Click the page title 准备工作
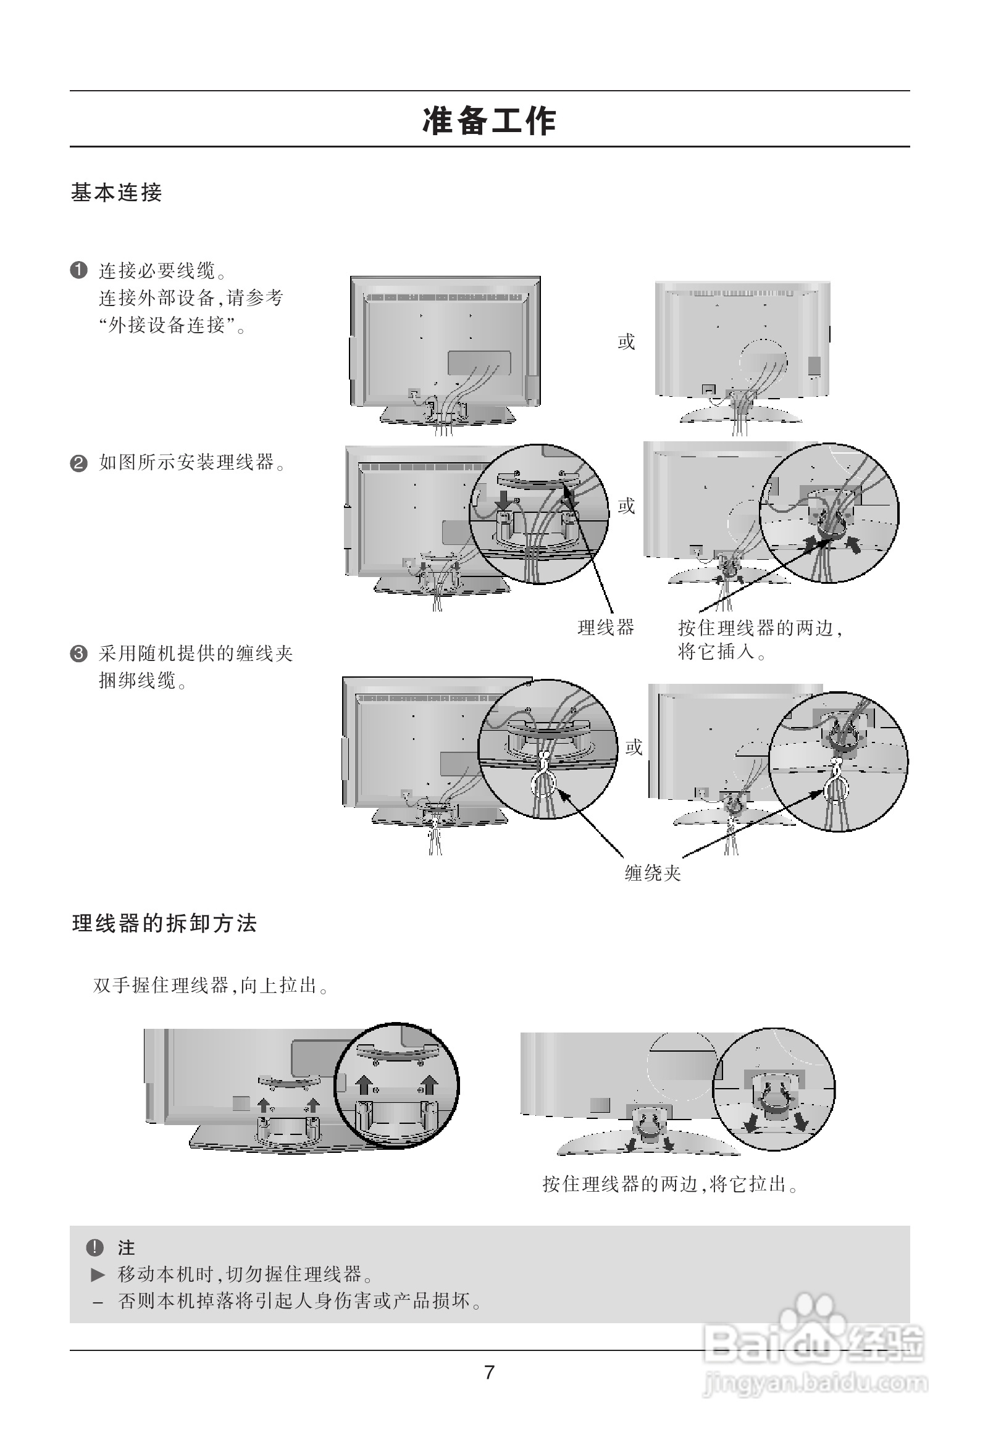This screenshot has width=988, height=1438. coord(489,120)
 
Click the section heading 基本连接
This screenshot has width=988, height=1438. coord(116,193)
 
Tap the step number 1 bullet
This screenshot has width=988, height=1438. coord(78,271)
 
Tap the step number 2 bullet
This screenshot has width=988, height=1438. coord(78,463)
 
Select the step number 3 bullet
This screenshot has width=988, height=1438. coord(78,654)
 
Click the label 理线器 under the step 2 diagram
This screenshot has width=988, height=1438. coord(606,628)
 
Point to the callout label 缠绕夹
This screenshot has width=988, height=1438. coord(653,873)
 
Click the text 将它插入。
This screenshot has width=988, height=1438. coord(722,652)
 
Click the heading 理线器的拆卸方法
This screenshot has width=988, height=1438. coord(165,923)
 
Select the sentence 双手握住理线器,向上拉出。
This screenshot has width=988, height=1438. coord(211,985)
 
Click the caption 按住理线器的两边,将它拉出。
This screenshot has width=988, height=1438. coord(671,1184)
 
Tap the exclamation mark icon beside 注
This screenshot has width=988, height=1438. coord(94,1247)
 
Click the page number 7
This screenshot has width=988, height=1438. coord(489,1373)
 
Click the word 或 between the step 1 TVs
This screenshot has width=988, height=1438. coord(626,341)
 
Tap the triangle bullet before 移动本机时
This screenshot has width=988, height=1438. coord(98,1274)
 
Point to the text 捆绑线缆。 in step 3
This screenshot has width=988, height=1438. coord(143,681)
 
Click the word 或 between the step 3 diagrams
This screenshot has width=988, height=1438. coord(634,747)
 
